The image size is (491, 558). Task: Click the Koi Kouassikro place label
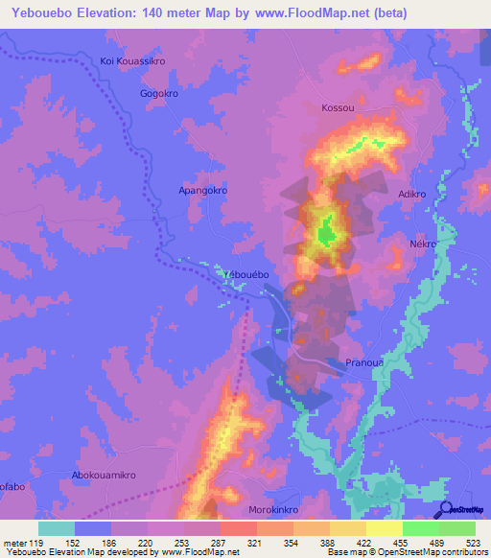(133, 61)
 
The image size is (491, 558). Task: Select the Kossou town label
(338, 108)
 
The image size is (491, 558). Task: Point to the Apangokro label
(203, 191)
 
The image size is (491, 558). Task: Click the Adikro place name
(412, 194)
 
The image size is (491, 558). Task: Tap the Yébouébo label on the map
(245, 275)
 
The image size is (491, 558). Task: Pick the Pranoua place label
(364, 364)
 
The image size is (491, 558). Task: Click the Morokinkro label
(276, 510)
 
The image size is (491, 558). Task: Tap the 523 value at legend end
(473, 543)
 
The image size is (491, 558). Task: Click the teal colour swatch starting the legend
(57, 528)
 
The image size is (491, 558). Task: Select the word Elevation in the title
(103, 12)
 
